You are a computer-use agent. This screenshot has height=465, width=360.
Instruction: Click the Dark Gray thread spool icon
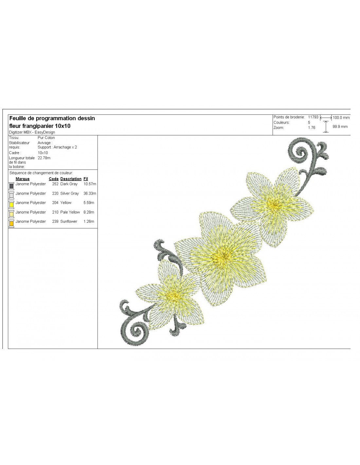11,186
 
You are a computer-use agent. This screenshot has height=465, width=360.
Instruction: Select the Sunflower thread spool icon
11,223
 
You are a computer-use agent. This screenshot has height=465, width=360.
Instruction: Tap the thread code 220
55,194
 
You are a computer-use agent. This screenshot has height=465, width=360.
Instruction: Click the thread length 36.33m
90,194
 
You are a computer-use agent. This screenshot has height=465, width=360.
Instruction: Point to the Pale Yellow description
70,212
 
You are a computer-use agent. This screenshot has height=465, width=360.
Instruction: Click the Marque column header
23,179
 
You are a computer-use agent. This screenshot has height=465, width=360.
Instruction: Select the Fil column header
86,179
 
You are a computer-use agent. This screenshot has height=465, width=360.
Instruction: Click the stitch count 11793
313,117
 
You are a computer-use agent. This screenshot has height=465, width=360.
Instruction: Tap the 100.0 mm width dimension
341,118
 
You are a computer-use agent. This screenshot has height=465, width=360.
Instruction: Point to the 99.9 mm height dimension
340,127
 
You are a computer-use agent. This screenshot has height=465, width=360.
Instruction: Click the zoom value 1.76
312,128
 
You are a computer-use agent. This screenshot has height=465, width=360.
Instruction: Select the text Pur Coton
46,138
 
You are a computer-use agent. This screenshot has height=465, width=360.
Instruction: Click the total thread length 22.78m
44,158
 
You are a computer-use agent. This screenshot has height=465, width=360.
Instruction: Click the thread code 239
55,221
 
